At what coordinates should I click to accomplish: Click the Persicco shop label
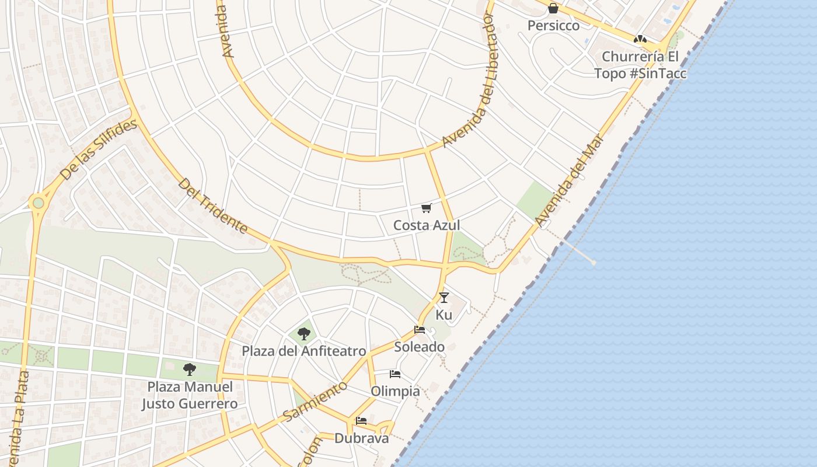pos(553,26)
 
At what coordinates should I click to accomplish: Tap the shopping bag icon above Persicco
pos(553,8)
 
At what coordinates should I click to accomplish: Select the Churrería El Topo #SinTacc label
pos(640,65)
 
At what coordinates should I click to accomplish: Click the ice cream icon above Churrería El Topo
pos(640,39)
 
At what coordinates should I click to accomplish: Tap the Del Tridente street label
pos(213,206)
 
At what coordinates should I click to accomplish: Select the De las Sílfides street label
pos(99,149)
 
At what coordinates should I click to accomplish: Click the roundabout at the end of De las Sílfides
pos(38,203)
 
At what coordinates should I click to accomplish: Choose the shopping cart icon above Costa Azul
pos(427,208)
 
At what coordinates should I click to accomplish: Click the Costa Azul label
pos(427,225)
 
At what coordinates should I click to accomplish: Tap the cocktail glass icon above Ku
pos(444,298)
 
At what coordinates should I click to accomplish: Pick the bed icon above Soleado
pos(419,330)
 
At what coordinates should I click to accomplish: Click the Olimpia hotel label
pos(395,391)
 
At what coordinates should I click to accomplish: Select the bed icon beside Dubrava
pos(361,421)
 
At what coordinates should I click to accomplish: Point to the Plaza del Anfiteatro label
pos(304,351)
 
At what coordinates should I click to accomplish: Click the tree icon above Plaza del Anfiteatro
pos(303,334)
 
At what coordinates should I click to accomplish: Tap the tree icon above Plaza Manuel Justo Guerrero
pos(189,369)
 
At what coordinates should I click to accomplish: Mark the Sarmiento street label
pos(315,402)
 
